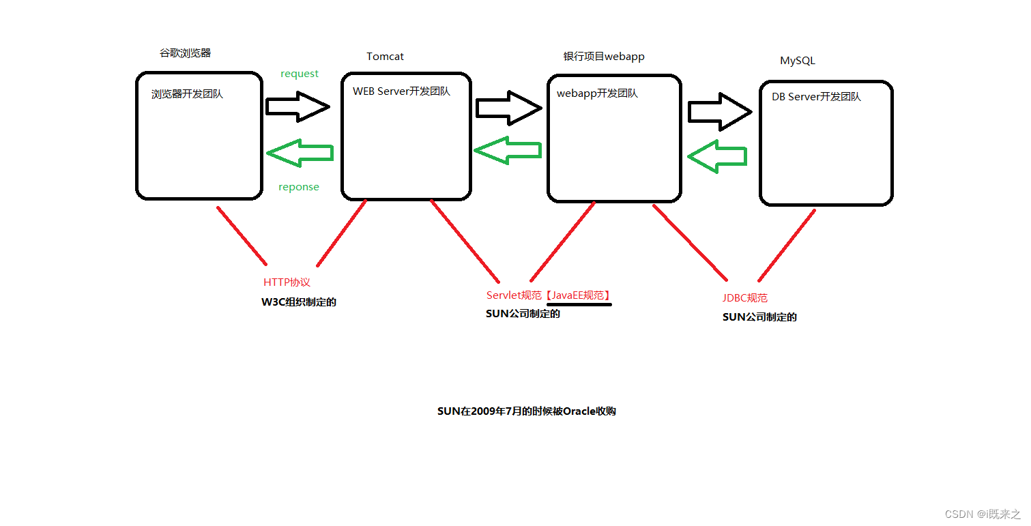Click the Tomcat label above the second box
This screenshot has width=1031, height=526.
[x=385, y=57]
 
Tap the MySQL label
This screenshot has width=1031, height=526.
[x=797, y=61]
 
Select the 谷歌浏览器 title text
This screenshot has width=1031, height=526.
[x=185, y=53]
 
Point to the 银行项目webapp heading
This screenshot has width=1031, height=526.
[x=604, y=57]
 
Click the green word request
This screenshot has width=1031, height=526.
[x=300, y=74]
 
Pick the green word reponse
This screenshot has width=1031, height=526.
[x=299, y=187]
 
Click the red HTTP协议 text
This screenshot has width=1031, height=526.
[x=287, y=282]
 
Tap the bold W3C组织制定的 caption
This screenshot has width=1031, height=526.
[x=299, y=302]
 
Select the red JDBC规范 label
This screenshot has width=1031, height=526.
[x=745, y=298]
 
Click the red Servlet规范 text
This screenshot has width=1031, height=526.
[x=514, y=295]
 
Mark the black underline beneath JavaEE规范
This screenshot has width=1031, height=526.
[x=579, y=305]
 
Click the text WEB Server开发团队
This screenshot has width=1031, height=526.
[x=401, y=91]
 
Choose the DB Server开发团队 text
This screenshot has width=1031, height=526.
[x=816, y=97]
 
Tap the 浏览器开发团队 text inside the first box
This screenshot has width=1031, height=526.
[x=187, y=94]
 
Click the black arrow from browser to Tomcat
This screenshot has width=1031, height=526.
[x=298, y=106]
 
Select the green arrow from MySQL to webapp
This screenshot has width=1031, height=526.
[x=716, y=156]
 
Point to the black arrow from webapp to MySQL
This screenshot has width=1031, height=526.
[x=719, y=112]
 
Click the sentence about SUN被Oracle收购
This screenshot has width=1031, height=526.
[x=527, y=411]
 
